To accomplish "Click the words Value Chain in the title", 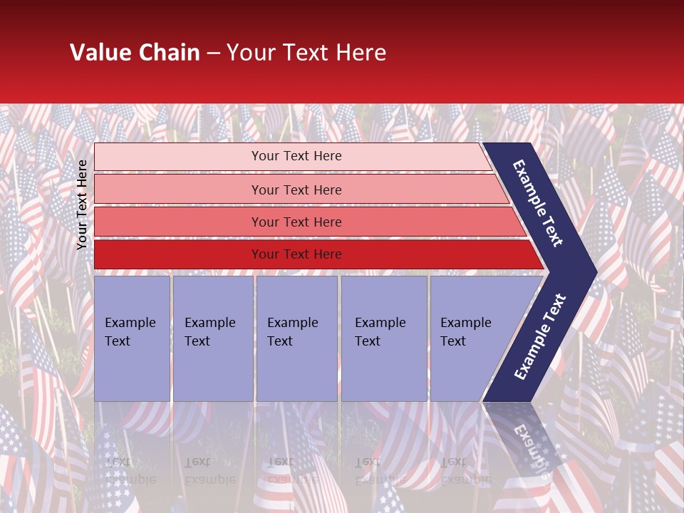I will pyautogui.click(x=135, y=53).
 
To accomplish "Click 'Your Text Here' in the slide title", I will pyautogui.click(x=306, y=53).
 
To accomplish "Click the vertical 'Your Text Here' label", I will pyautogui.click(x=82, y=204).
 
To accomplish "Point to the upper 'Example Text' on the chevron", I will pyautogui.click(x=538, y=203).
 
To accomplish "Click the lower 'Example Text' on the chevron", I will pyautogui.click(x=540, y=336).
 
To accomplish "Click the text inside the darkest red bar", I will pyautogui.click(x=296, y=254).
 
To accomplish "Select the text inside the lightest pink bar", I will pyautogui.click(x=296, y=156).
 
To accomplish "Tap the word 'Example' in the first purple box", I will pyautogui.click(x=130, y=323).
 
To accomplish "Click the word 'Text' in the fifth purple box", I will pyautogui.click(x=452, y=341).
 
